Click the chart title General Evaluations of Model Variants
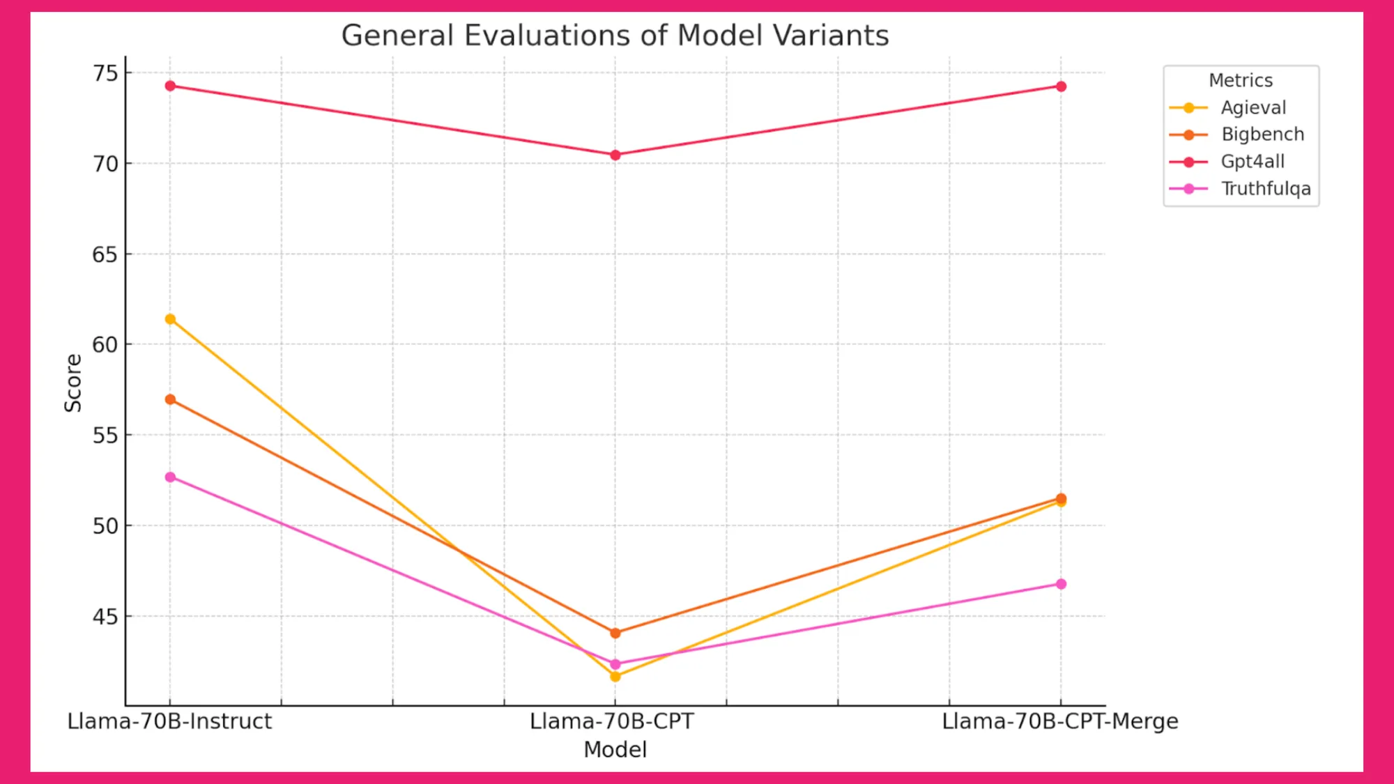[615, 36]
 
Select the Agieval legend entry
[1253, 107]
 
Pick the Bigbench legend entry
[1262, 134]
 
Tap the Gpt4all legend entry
[1252, 162]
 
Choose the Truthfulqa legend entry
[1265, 189]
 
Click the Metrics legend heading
[1241, 80]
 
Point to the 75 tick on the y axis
[106, 73]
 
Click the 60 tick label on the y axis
[106, 344]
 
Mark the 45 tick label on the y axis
[106, 617]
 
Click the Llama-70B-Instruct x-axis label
[169, 721]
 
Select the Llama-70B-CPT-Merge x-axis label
[1060, 721]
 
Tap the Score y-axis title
[73, 383]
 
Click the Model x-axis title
[615, 750]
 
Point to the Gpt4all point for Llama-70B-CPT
[615, 155]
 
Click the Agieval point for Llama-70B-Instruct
[170, 319]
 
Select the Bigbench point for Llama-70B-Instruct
[170, 399]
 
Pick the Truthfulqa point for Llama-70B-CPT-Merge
[1061, 584]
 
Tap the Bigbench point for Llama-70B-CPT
[615, 633]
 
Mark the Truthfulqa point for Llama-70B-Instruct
[170, 477]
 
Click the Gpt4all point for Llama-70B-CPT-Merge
[1061, 86]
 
